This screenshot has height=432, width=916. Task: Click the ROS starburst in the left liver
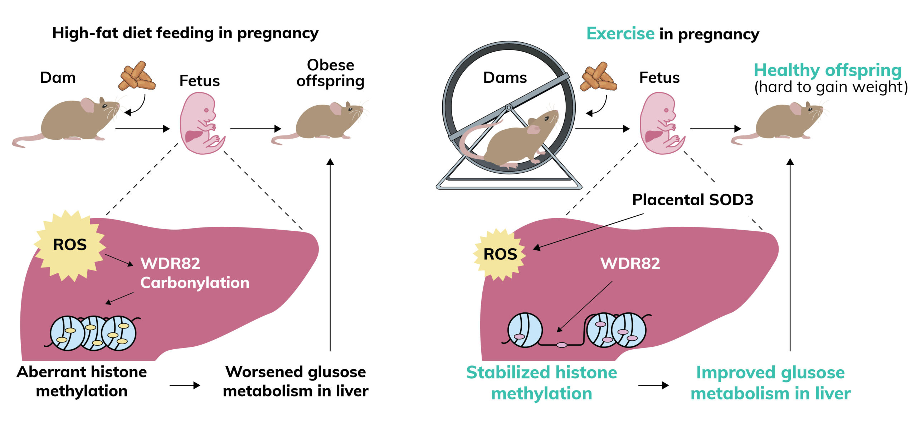70,245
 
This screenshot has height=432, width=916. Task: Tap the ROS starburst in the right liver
500,254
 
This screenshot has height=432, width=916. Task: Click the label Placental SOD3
692,200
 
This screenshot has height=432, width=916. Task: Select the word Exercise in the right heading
620,34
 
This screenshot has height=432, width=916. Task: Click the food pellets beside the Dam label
137,76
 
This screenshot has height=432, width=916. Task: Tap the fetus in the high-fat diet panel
200,124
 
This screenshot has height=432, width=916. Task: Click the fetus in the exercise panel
661,124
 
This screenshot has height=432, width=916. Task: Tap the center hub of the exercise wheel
508,107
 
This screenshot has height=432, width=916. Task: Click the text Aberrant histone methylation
82,381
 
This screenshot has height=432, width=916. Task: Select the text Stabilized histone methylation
541,383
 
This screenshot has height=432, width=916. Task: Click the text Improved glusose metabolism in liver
770,383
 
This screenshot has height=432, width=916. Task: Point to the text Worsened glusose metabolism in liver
296,381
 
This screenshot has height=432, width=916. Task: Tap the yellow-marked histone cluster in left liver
93,333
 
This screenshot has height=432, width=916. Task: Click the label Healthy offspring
827,70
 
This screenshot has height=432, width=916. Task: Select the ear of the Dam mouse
87,105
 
